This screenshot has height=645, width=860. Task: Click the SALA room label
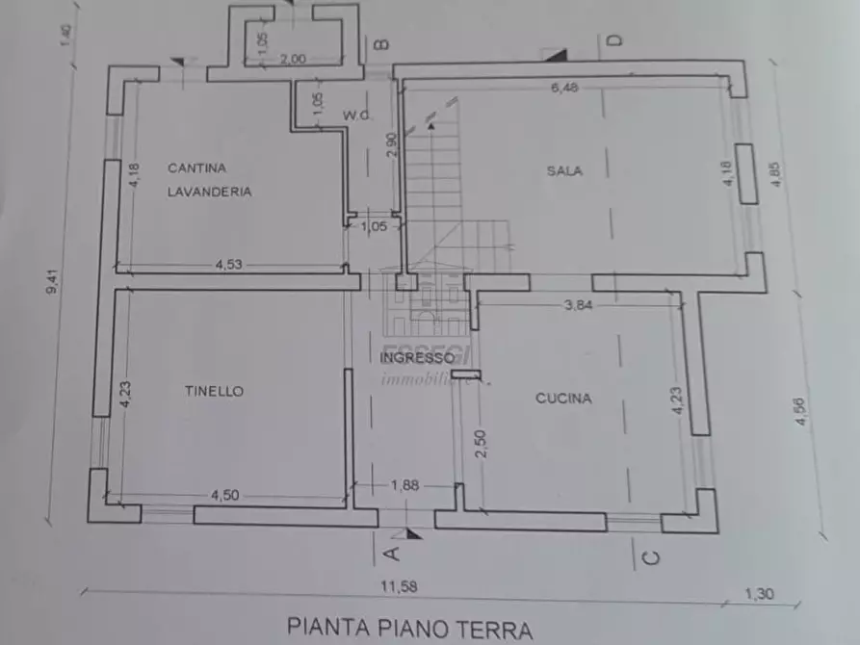pos(564,171)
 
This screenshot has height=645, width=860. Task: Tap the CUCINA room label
pos(563,399)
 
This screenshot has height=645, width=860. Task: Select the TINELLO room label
pos(214,391)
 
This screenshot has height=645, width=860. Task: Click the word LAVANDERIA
pos(209,192)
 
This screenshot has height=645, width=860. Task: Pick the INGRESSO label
pos(416,357)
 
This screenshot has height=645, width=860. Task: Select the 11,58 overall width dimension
pos(398,587)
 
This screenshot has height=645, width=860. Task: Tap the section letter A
pos(391,553)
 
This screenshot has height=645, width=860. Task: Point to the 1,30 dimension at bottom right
pos(759,594)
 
